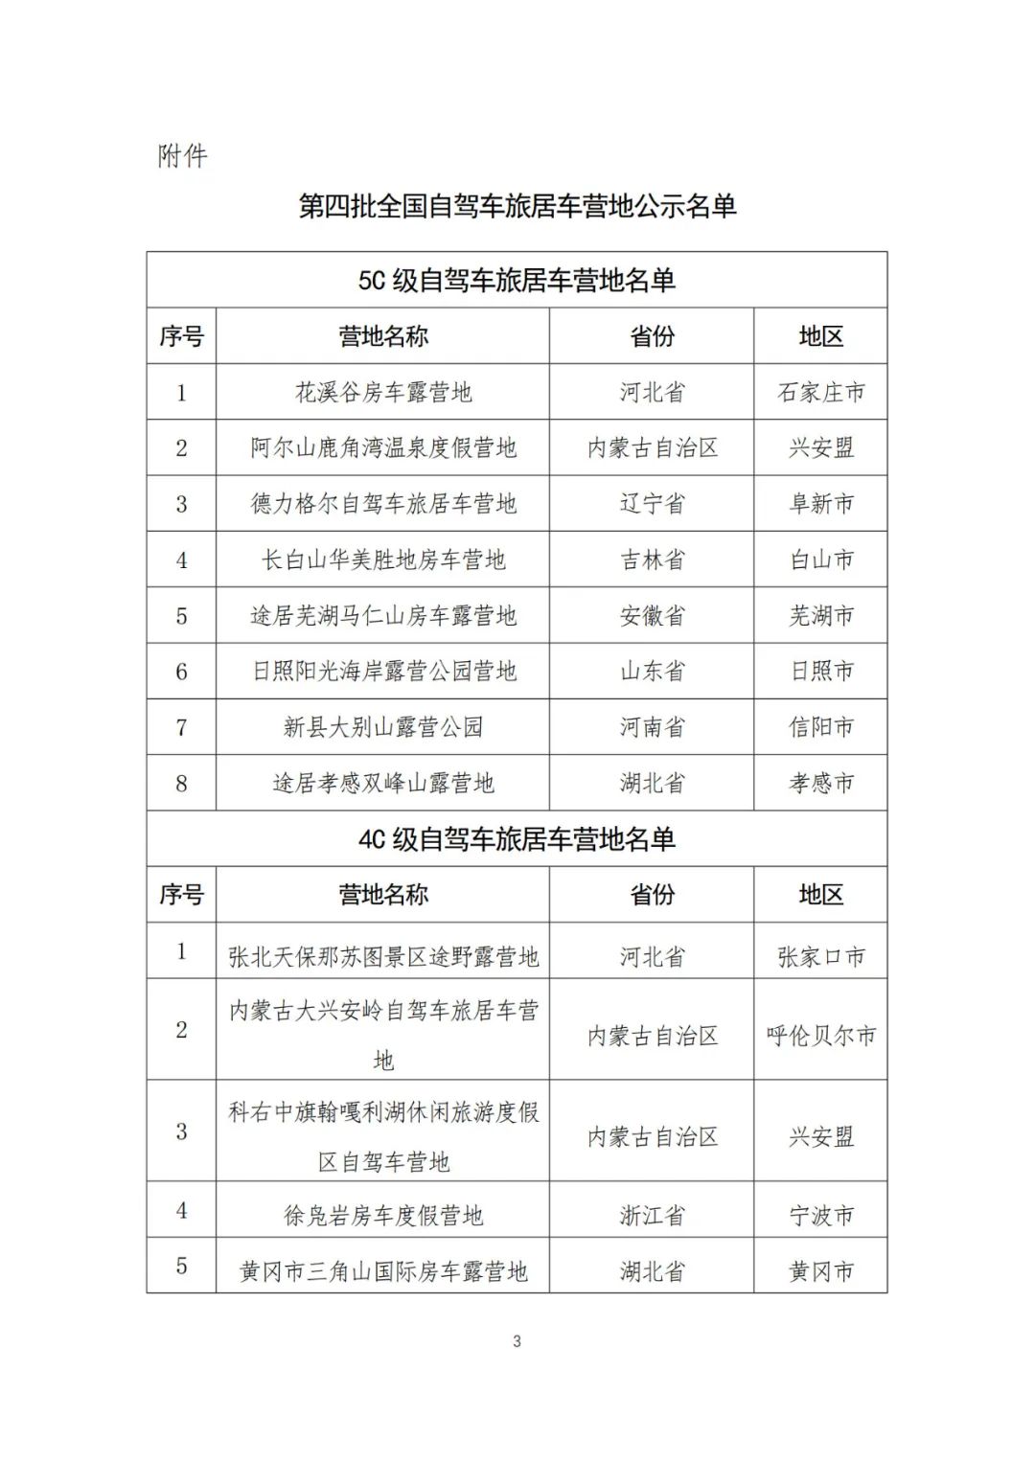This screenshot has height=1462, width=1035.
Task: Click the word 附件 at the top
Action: coord(182,156)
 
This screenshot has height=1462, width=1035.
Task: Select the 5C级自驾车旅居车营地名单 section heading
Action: coord(517,280)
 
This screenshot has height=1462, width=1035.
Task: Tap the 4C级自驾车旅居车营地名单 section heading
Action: coord(517,839)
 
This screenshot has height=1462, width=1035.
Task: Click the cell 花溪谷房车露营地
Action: coord(383,392)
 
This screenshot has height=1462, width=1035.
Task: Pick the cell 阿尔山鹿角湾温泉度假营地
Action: coord(383,447)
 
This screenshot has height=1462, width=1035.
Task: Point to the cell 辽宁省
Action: coord(652,504)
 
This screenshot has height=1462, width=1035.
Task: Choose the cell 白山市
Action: coord(821,560)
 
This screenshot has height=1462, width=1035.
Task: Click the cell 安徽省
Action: coord(652,615)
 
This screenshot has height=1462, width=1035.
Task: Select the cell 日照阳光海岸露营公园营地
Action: coord(383,672)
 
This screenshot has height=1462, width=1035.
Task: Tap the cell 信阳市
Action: coord(821,727)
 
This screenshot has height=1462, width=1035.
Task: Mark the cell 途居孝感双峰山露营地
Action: coord(383,783)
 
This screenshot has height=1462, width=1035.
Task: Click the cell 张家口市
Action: coord(821,956)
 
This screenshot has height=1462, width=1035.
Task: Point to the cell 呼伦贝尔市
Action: coord(821,1036)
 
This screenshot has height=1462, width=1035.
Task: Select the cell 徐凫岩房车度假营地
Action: coord(383,1216)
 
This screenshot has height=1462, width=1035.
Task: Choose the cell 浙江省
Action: coord(652,1216)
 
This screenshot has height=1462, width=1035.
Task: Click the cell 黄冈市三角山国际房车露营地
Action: coord(383,1271)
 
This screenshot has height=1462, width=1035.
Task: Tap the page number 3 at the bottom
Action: coord(517,1341)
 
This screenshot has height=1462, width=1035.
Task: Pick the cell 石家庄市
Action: coord(821,392)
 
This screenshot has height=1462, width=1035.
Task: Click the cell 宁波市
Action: coord(821,1216)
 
